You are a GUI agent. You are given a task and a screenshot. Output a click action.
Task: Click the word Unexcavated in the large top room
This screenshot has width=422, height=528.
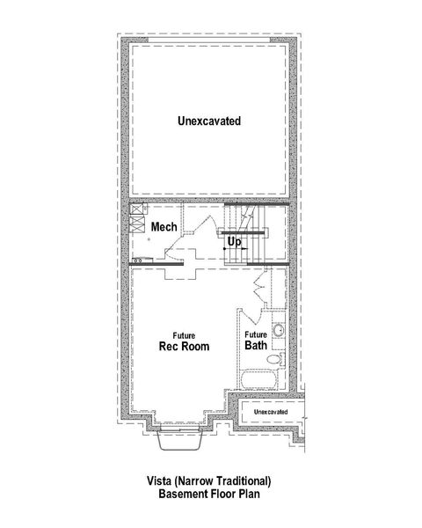[x=208, y=120]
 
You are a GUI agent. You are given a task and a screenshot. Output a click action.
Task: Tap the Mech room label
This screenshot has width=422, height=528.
[x=164, y=227]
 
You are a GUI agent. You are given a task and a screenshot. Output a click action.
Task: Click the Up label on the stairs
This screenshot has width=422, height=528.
[x=234, y=240]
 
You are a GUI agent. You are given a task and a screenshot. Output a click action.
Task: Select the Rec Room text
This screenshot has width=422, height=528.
[x=184, y=346]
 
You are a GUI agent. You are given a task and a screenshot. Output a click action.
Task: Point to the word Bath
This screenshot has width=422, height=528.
[x=256, y=346]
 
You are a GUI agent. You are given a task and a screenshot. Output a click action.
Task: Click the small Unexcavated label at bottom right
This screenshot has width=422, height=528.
[x=271, y=412]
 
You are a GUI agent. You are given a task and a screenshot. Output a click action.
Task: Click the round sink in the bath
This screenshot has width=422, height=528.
[x=275, y=330]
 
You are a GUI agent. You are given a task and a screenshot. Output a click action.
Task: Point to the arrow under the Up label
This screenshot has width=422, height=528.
[x=234, y=250]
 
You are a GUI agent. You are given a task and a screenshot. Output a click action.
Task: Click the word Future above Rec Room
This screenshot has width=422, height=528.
[x=184, y=335]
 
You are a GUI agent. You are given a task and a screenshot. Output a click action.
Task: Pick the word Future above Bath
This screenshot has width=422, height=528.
[x=256, y=335]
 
